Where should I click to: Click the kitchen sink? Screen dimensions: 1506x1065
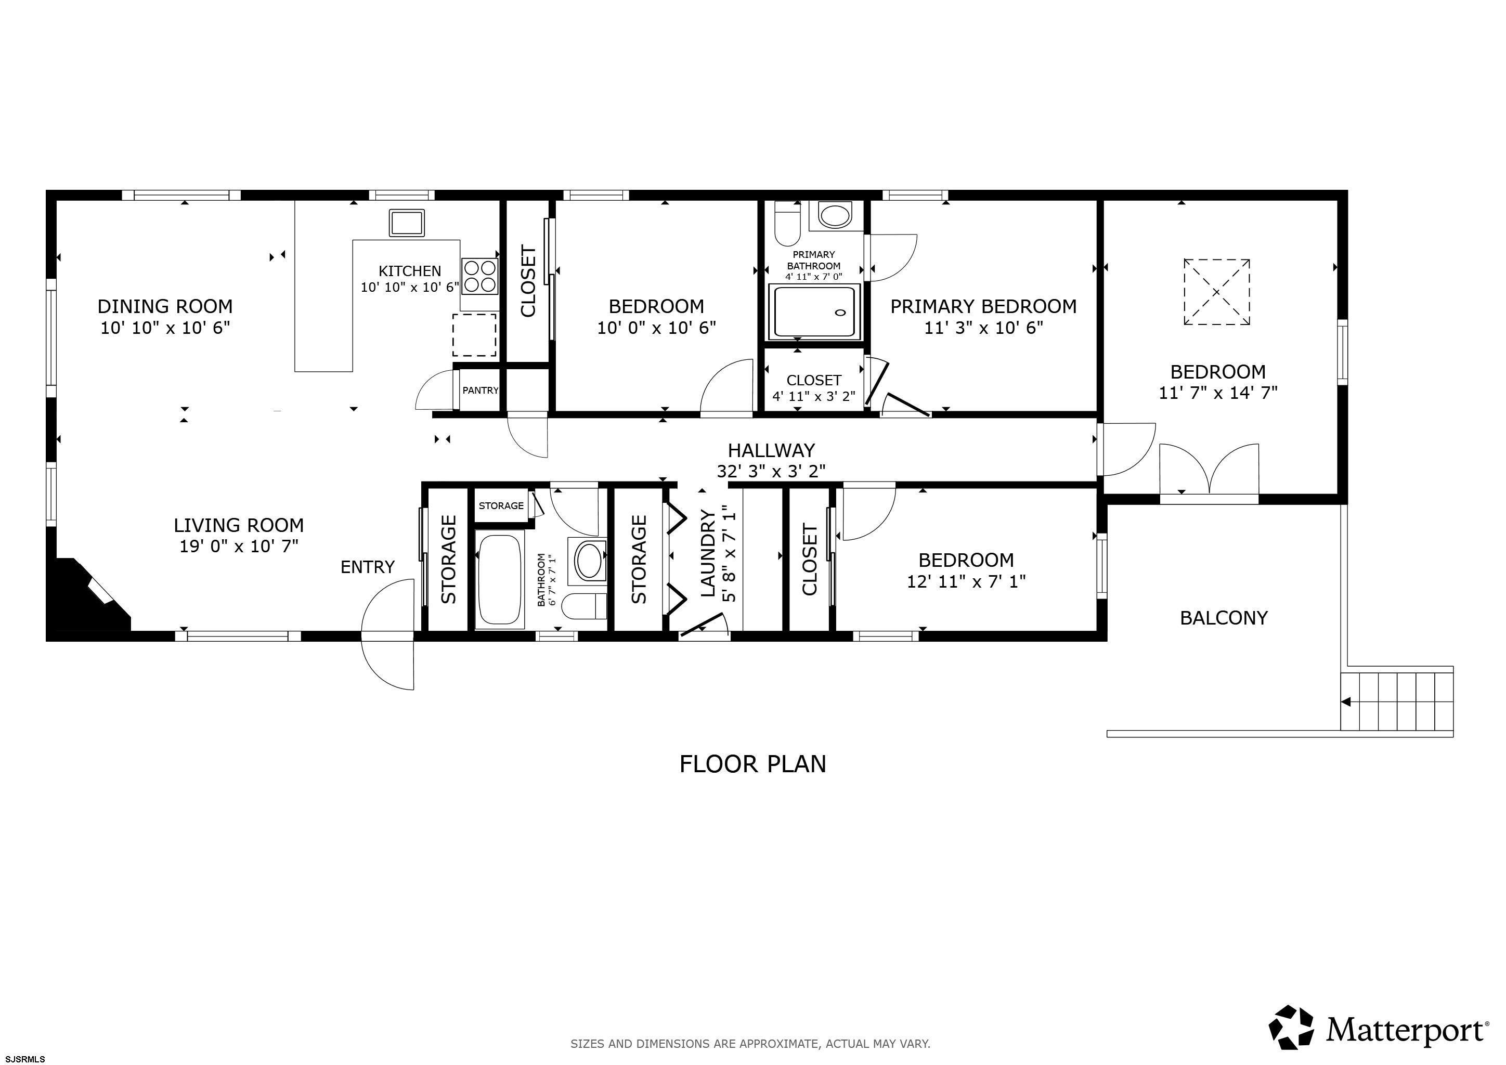point(407,223)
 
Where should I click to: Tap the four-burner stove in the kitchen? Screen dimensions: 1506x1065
point(479,276)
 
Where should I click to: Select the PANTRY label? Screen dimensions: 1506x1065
point(480,390)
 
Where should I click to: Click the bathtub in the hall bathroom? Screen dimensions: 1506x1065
point(500,581)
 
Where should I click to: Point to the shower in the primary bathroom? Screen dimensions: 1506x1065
point(814,312)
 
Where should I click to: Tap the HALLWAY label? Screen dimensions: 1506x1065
point(771,450)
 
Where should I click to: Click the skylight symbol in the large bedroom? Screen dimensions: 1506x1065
point(1217,292)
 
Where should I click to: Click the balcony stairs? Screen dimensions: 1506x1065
point(1396,701)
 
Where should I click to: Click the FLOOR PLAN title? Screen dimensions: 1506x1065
point(753,764)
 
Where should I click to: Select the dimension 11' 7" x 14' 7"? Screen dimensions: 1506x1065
point(1218,393)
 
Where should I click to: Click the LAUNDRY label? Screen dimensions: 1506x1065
point(708,554)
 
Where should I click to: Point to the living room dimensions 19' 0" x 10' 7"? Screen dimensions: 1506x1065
point(239,546)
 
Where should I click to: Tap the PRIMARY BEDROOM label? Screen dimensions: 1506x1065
point(983,306)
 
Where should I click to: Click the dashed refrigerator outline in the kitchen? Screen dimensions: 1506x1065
point(474,335)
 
